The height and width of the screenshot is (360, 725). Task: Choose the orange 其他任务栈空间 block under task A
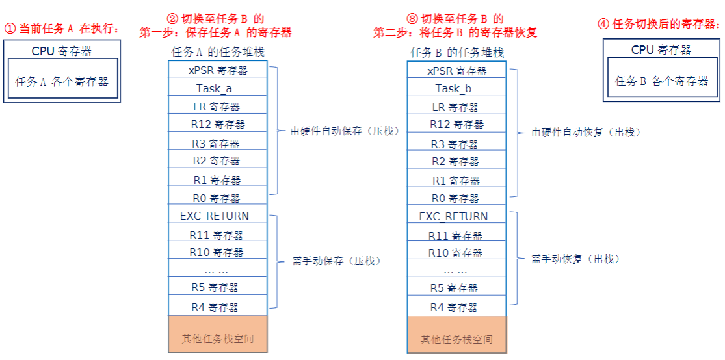(x=217, y=335)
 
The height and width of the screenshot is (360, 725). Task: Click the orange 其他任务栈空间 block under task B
(x=456, y=335)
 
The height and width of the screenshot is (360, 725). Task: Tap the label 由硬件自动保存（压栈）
(x=344, y=131)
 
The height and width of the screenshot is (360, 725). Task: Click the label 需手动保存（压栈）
(x=337, y=261)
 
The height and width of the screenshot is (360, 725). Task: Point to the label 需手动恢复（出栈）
(x=575, y=259)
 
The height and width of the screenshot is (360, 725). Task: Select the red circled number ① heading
(x=62, y=29)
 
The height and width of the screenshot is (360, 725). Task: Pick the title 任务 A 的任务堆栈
(x=218, y=52)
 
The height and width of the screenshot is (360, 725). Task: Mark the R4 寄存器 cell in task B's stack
(x=456, y=307)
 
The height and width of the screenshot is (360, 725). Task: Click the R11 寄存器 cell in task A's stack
(x=217, y=235)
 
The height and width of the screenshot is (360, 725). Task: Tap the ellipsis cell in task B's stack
(x=456, y=270)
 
